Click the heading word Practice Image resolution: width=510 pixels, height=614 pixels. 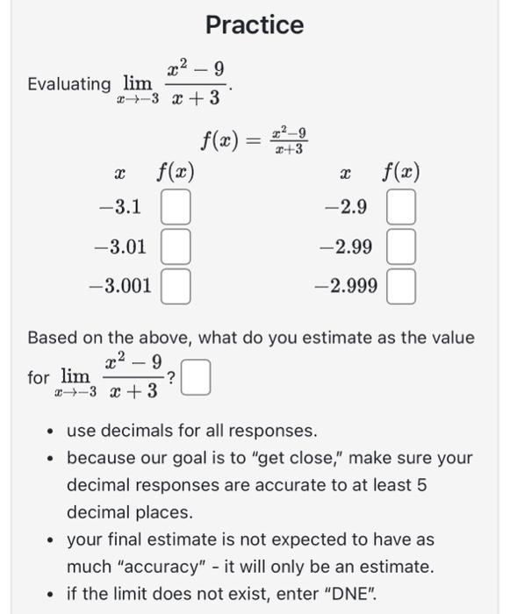tap(255, 25)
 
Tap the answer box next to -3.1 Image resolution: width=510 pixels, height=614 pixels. tap(176, 209)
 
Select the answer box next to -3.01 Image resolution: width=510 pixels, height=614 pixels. tap(176, 247)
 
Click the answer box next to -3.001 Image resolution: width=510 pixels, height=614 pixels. tap(176, 285)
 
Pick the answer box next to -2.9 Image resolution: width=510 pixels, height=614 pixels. tap(401, 209)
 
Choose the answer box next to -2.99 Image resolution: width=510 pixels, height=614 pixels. tap(401, 247)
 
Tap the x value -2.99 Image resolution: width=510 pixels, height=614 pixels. tap(348, 247)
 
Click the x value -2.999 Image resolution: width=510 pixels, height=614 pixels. tap(348, 285)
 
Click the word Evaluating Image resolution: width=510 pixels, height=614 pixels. tap(69, 84)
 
